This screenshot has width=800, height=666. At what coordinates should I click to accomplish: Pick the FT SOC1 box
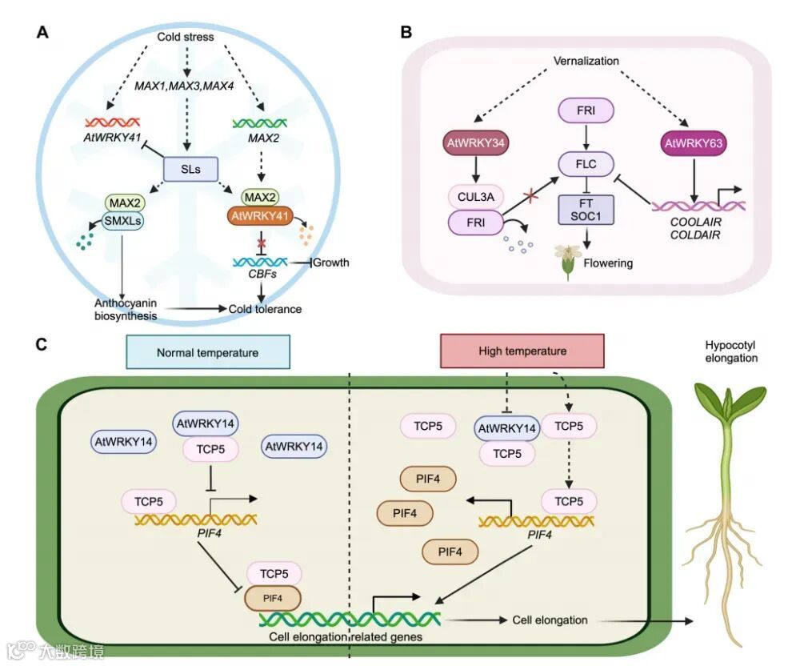coord(586,210)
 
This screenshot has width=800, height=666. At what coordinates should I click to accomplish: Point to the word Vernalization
coord(587,61)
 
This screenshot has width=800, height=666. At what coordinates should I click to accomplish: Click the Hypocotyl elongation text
coord(730,351)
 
